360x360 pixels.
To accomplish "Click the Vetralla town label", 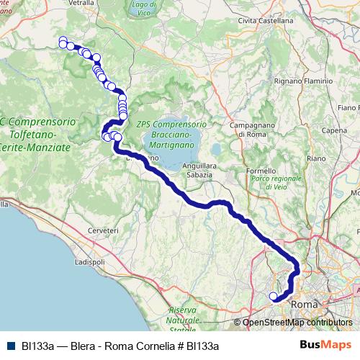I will click(84, 3).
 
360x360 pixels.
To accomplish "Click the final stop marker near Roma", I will click(273, 296).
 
